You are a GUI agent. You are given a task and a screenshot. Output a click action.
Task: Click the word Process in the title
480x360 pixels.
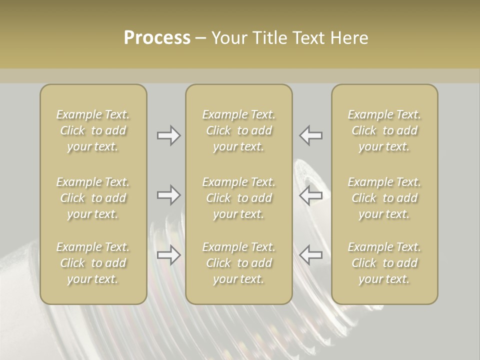tap(157, 38)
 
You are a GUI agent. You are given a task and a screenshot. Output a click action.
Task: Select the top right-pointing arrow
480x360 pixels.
tap(168, 135)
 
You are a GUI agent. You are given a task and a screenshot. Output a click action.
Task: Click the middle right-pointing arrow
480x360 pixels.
tap(168, 195)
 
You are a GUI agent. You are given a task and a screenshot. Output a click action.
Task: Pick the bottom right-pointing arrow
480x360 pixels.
tap(168, 255)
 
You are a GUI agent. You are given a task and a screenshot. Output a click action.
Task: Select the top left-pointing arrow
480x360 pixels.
tap(311, 135)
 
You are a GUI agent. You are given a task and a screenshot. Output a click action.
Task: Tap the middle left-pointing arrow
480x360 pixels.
tap(311, 195)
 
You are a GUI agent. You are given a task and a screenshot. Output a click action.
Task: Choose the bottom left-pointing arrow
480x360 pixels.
tap(311, 255)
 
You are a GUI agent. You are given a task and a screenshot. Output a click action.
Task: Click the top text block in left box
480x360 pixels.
tap(93, 130)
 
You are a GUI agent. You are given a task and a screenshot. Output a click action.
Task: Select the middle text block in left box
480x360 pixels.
tap(93, 198)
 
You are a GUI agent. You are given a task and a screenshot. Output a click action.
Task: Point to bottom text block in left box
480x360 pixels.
tap(93, 263)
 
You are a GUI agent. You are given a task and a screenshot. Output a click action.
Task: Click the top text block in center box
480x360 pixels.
tap(238, 130)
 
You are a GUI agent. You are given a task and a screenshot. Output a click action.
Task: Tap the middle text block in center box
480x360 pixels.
tap(238, 198)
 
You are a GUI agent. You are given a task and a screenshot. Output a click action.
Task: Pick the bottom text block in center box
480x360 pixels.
tap(238, 263)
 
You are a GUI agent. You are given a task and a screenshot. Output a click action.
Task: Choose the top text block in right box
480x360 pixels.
tap(384, 130)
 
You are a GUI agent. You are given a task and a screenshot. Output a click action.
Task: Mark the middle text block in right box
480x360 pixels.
tap(384, 198)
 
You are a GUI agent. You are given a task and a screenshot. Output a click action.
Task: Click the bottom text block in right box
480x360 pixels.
tap(384, 263)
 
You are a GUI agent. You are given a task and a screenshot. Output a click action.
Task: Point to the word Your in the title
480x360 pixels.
tap(229, 38)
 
